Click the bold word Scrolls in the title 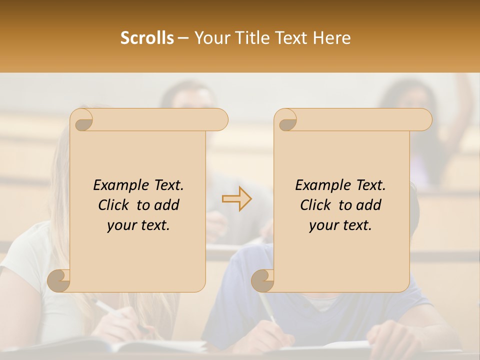click(x=147, y=38)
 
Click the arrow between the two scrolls click(x=237, y=198)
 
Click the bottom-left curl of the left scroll click(x=59, y=280)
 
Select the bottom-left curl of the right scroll click(x=262, y=280)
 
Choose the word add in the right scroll click(x=369, y=205)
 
